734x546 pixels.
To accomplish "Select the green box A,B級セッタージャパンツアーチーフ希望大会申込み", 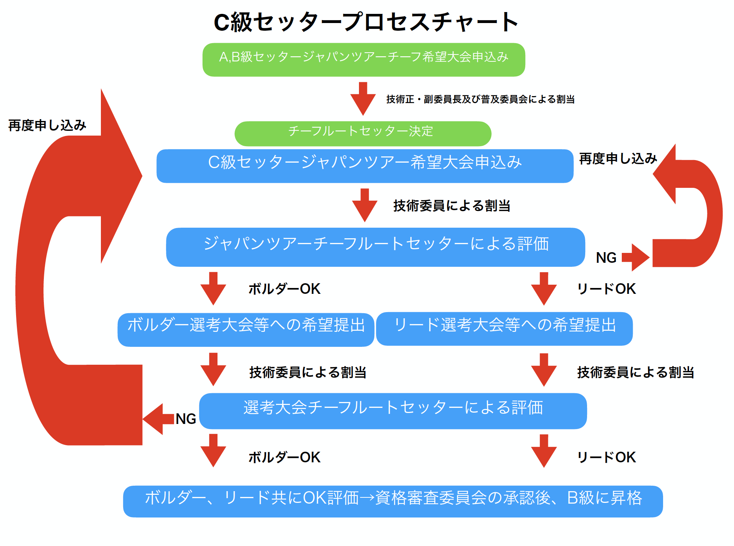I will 364,60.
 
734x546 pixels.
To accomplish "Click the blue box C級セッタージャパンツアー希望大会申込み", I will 364,166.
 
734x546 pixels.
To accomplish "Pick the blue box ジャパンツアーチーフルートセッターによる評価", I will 375,247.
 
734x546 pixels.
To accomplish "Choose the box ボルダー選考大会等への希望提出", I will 246,329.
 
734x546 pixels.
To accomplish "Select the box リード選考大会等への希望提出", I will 504,329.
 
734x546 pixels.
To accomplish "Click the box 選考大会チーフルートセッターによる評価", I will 393,411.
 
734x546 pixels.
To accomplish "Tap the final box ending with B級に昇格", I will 393,501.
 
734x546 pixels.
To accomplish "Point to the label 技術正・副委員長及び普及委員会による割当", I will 480,99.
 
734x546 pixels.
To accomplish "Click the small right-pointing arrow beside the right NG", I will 635,257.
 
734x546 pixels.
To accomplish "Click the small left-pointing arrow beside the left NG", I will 158,419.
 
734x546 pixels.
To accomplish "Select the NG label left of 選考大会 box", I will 186,419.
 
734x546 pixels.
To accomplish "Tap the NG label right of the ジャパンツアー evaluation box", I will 606,258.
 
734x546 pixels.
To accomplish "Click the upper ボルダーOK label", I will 284,289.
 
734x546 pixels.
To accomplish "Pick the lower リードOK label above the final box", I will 606,458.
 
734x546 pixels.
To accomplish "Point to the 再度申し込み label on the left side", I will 47,125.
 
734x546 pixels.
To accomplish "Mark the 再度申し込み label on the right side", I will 618,159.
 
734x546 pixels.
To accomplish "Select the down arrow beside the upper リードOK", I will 544,288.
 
